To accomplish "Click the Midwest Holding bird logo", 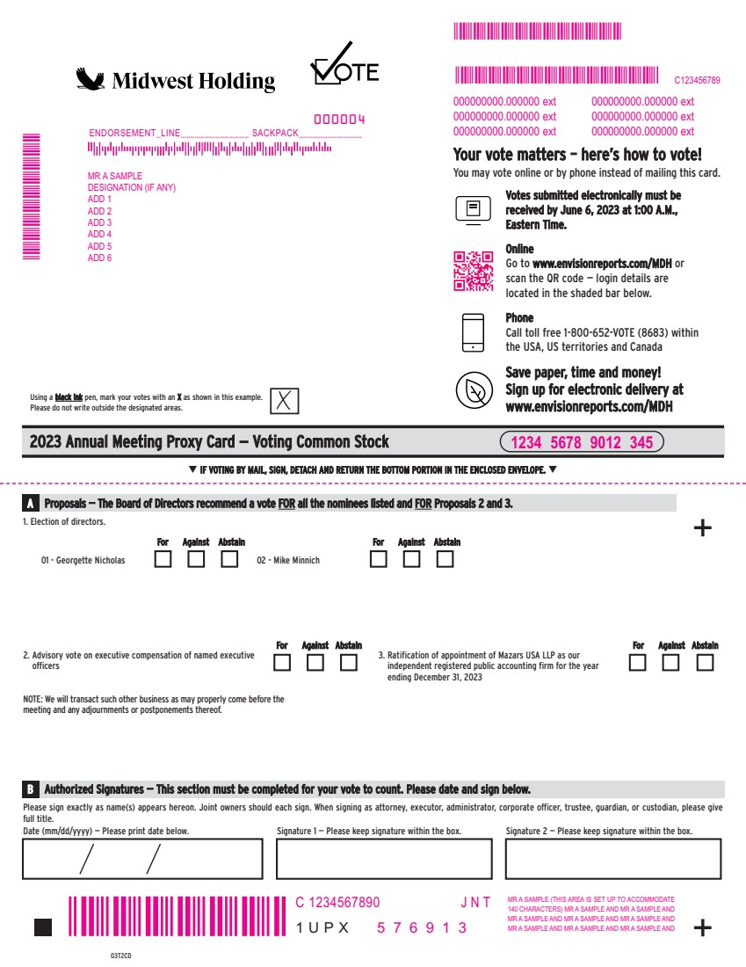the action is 90,79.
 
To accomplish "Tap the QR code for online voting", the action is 474,271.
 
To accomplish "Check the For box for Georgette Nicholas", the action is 163,559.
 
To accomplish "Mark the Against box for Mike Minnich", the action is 411,559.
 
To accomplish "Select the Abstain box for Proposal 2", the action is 348,662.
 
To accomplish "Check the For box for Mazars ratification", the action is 638,662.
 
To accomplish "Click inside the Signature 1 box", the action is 384,859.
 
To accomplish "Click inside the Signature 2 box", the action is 613,859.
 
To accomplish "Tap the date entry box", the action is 142,859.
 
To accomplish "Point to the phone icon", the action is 473,333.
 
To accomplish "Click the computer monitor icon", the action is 473,210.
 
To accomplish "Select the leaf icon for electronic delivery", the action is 474,390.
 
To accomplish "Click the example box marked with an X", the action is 284,401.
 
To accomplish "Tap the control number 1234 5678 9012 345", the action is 582,442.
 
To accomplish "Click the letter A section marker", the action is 30,503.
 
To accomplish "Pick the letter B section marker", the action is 30,789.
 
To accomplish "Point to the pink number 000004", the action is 339,119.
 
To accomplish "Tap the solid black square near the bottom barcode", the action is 43,927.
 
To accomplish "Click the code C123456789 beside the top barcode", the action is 697,80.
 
